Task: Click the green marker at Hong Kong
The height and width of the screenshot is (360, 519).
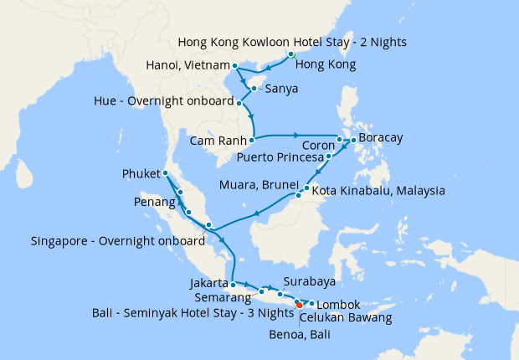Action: click(291, 54)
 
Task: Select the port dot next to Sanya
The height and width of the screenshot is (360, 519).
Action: click(254, 87)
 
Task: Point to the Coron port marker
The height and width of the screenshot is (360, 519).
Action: click(339, 140)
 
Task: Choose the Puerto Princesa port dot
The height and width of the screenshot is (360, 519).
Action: click(329, 156)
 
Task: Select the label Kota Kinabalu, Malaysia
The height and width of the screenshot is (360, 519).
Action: click(378, 191)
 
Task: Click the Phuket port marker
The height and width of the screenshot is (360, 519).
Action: click(166, 173)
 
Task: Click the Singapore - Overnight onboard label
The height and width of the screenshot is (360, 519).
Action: click(117, 241)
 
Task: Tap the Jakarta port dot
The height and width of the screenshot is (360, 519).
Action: click(232, 285)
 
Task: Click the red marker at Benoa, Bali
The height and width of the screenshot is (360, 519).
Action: click(300, 305)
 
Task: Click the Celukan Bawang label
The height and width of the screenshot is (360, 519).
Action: click(346, 318)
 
